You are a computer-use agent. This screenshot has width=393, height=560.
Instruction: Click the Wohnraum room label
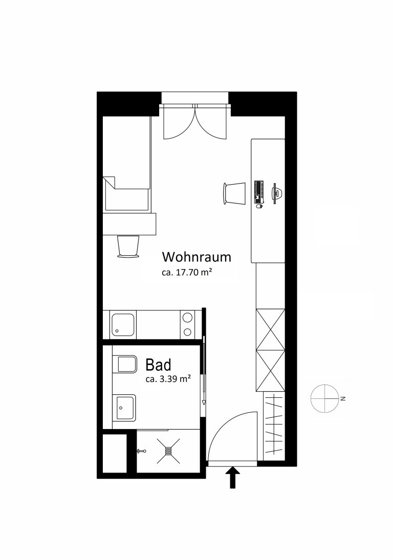point(196,257)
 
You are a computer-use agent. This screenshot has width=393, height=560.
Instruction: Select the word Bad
point(158,365)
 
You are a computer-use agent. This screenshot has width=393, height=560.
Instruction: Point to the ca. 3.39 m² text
point(167,379)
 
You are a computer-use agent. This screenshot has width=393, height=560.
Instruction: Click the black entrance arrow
point(233,478)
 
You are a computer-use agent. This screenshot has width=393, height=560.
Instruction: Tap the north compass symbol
point(325,398)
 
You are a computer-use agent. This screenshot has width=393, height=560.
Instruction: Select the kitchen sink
point(123,325)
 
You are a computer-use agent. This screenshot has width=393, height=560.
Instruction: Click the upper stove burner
point(187,317)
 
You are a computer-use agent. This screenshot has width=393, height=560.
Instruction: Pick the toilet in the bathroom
point(124,364)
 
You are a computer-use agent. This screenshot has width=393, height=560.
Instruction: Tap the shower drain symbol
point(168,451)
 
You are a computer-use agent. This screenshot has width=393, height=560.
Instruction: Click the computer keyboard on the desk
point(258,192)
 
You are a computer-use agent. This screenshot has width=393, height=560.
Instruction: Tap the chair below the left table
point(128,246)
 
